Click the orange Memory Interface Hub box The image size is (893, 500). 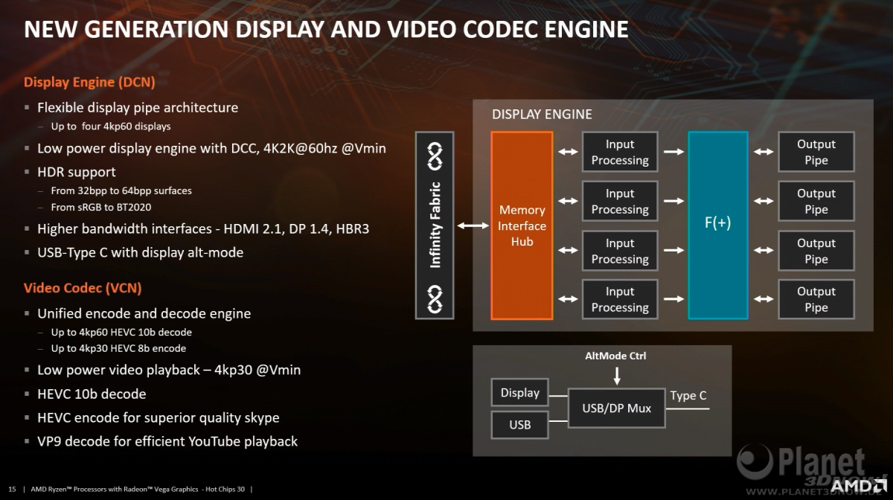pyautogui.click(x=522, y=225)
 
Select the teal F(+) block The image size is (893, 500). pyautogui.click(x=718, y=225)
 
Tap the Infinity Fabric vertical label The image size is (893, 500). pyautogui.click(x=435, y=225)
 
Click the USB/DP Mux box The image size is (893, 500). pyautogui.click(x=617, y=408)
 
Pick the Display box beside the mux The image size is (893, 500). pyautogui.click(x=520, y=393)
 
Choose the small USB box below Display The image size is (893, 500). pyautogui.click(x=520, y=425)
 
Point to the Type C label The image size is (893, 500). pyautogui.click(x=688, y=396)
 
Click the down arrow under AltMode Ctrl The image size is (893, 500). pyautogui.click(x=617, y=376)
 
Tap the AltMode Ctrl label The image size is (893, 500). pyautogui.click(x=615, y=356)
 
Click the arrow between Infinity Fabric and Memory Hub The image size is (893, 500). pyautogui.click(x=473, y=225)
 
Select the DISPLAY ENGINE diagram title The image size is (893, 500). pyautogui.click(x=542, y=115)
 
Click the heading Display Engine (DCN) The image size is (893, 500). pyautogui.click(x=89, y=82)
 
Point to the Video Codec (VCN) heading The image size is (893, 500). pyautogui.click(x=83, y=288)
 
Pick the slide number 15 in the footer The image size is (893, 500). pyautogui.click(x=13, y=490)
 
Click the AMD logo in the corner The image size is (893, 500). pyautogui.click(x=859, y=485)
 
